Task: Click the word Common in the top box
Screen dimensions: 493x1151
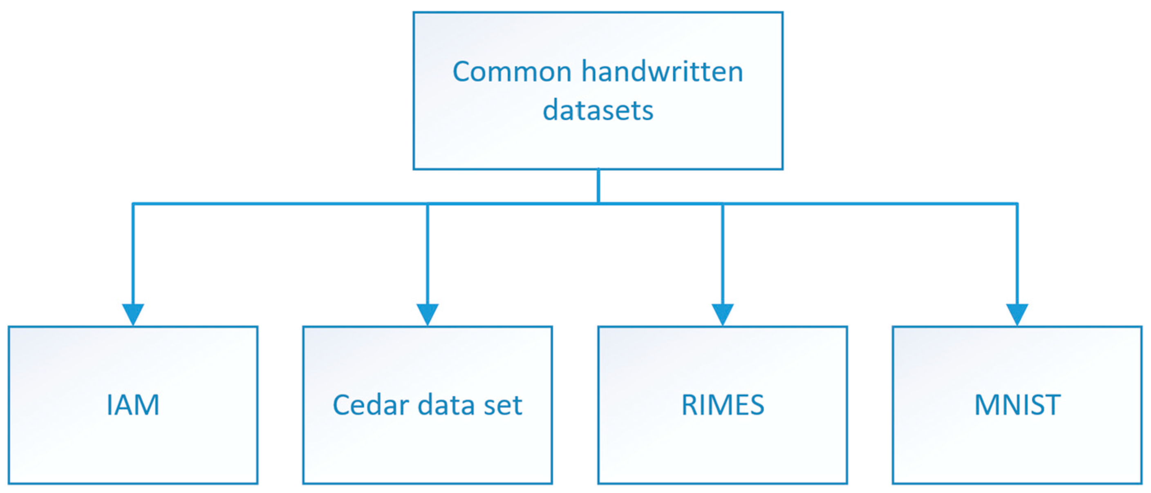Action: click(512, 72)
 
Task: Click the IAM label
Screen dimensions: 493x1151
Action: click(133, 405)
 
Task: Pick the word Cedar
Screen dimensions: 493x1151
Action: click(371, 405)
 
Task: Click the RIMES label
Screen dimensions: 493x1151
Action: click(723, 405)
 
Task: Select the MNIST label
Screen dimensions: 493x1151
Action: click(1017, 405)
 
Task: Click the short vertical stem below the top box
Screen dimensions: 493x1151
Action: click(598, 187)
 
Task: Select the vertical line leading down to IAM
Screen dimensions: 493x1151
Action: click(133, 254)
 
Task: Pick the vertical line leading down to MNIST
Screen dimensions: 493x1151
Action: click(1017, 254)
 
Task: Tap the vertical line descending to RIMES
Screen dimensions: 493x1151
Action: click(723, 254)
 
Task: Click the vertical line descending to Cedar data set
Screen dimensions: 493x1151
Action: click(428, 254)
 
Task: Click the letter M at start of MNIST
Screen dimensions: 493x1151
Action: click(986, 405)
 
